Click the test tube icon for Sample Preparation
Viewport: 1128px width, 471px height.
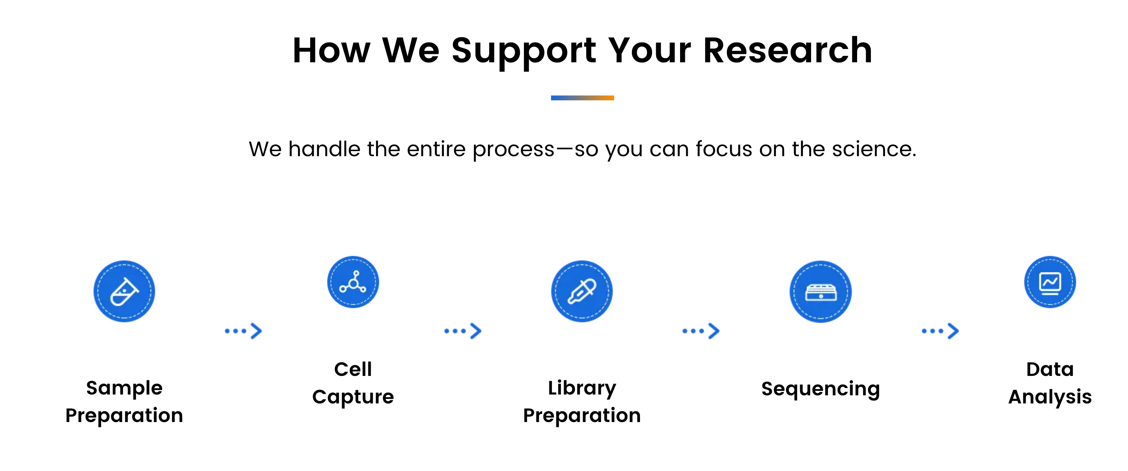click(125, 291)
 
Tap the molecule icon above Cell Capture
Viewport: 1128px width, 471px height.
click(353, 282)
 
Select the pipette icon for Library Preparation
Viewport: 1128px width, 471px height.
click(581, 291)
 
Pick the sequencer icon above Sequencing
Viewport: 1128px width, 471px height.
click(821, 292)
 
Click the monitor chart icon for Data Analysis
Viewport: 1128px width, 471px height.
click(1050, 282)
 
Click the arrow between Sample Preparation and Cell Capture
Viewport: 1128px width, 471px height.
click(243, 331)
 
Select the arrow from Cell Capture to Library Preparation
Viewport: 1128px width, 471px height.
click(463, 331)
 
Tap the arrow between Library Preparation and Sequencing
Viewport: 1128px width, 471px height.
click(701, 331)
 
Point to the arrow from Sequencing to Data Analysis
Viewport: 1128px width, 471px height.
click(940, 331)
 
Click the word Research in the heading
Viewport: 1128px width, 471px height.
click(787, 51)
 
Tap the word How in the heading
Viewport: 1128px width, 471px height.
click(332, 51)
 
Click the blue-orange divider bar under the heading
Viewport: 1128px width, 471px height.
click(582, 98)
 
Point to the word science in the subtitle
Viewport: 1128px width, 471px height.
click(874, 149)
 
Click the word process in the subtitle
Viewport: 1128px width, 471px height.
click(513, 150)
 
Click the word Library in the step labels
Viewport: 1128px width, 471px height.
click(582, 388)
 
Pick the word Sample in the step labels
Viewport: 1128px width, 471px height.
click(125, 388)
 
